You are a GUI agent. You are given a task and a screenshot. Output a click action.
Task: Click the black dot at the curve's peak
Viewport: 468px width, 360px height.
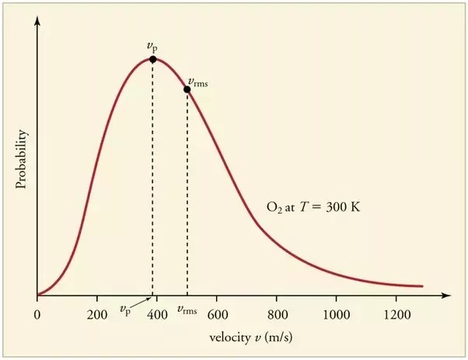point(152,59)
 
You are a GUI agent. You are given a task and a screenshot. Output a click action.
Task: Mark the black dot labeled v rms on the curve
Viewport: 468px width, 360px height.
point(187,89)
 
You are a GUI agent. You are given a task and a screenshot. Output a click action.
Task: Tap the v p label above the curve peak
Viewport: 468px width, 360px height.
point(152,46)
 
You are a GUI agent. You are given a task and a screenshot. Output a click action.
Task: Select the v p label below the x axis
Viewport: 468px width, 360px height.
point(126,309)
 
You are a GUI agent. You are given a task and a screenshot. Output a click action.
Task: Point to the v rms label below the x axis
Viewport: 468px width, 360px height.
point(187,309)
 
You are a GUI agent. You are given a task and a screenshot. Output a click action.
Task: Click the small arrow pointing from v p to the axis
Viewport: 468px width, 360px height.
point(143,302)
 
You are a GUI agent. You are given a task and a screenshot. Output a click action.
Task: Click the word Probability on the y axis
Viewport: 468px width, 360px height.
point(23,160)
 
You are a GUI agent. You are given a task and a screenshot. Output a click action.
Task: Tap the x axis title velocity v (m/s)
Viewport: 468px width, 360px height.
point(246,339)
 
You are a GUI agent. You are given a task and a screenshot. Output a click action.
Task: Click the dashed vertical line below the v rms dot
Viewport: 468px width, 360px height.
point(187,194)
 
